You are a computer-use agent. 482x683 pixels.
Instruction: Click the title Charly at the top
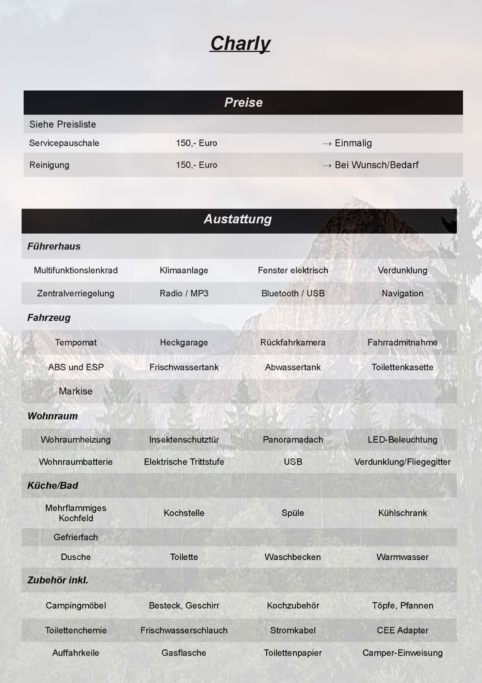pyautogui.click(x=240, y=43)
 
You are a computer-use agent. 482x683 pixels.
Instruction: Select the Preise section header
pyautogui.click(x=243, y=102)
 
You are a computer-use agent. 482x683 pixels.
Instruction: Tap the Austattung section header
pyautogui.click(x=238, y=219)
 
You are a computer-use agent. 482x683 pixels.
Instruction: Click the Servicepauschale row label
pyautogui.click(x=64, y=143)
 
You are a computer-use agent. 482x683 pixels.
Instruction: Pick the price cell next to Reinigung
pyautogui.click(x=197, y=165)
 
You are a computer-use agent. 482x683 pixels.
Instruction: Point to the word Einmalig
pyautogui.click(x=353, y=143)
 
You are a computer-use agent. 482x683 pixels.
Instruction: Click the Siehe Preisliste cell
pyautogui.click(x=62, y=124)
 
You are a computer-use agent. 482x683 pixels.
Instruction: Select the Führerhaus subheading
pyautogui.click(x=54, y=246)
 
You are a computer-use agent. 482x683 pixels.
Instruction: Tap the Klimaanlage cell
pyautogui.click(x=184, y=270)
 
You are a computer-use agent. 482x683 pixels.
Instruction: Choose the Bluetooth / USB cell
pyautogui.click(x=293, y=293)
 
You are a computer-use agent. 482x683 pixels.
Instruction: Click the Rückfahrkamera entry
pyautogui.click(x=293, y=342)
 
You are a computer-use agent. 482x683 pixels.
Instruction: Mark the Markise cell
pyautogui.click(x=76, y=391)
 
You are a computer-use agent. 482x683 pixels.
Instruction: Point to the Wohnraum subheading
pyautogui.click(x=53, y=416)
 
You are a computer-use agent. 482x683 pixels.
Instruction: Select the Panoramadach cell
pyautogui.click(x=293, y=440)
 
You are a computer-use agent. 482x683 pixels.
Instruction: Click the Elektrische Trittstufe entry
pyautogui.click(x=184, y=462)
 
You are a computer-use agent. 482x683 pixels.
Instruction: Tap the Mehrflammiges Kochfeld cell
pyautogui.click(x=76, y=513)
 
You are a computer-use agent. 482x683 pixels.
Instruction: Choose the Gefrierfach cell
pyautogui.click(x=76, y=537)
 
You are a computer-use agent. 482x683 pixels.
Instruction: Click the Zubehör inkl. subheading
pyautogui.click(x=58, y=580)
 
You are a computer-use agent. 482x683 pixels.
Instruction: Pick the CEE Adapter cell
pyautogui.click(x=402, y=630)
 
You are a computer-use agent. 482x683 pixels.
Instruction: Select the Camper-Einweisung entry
pyautogui.click(x=402, y=653)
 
